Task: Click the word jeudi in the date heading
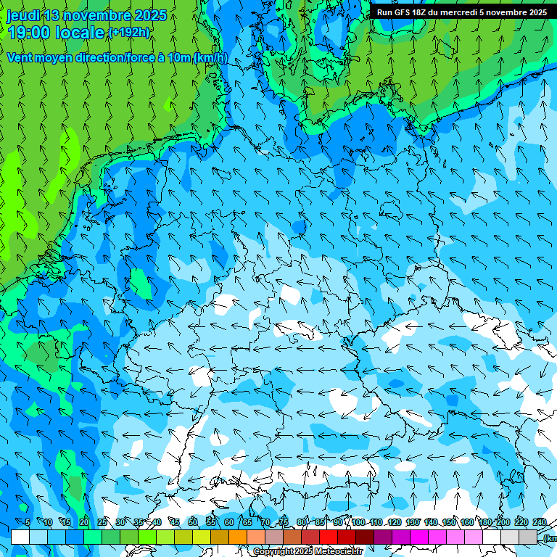(x=24, y=15)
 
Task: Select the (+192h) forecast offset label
(x=128, y=33)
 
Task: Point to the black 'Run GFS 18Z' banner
(x=461, y=12)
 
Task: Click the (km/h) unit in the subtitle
(x=210, y=58)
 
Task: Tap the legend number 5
(x=28, y=522)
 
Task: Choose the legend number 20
(x=84, y=522)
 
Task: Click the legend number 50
(x=193, y=522)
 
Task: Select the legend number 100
(x=358, y=522)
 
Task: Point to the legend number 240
(x=540, y=522)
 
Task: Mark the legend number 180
(x=484, y=522)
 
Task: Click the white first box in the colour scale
(x=20, y=537)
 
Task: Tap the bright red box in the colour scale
(x=329, y=537)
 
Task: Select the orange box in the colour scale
(x=238, y=537)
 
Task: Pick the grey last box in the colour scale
(x=528, y=537)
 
